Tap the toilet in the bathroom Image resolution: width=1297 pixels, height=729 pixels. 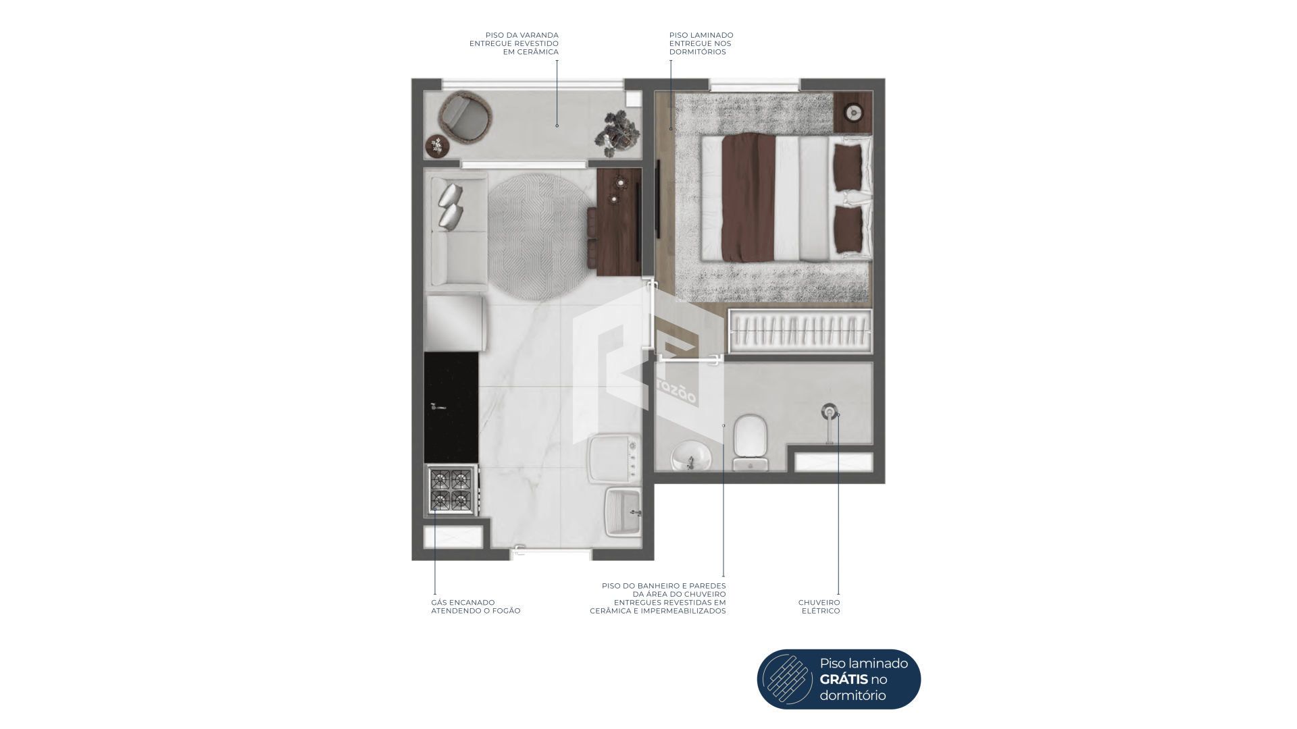[751, 443]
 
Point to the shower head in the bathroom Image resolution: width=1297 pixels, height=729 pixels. [830, 411]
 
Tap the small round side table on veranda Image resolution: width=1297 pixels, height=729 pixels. [437, 146]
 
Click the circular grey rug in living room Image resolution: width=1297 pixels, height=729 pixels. [540, 236]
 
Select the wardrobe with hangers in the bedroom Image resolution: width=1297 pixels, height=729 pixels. [800, 331]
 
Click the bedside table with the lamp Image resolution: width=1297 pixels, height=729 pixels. [853, 113]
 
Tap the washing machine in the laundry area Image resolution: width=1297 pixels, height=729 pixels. [613, 459]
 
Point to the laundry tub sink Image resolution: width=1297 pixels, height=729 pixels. [624, 512]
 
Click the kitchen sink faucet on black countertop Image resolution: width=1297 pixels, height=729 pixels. [438, 406]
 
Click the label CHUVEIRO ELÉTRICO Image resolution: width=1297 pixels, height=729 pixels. [819, 607]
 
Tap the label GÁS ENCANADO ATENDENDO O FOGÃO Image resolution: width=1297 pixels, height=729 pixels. [476, 607]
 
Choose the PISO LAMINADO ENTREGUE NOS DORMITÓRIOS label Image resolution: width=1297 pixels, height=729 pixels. [701, 43]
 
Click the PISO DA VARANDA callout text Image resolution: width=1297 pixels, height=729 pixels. [514, 43]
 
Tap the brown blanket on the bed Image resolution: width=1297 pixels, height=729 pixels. [748, 196]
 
